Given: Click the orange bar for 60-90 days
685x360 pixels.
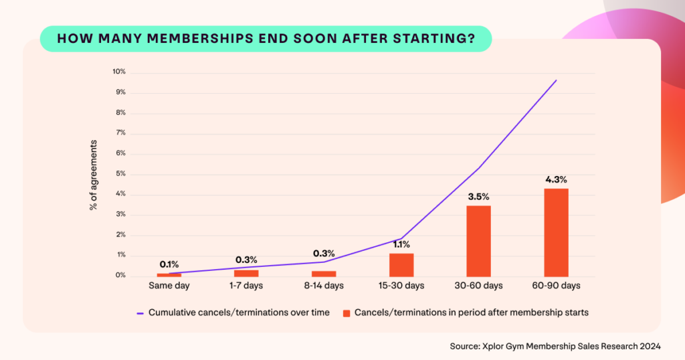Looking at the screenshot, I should (x=556, y=232).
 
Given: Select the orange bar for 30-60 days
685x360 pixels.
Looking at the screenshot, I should (x=478, y=241).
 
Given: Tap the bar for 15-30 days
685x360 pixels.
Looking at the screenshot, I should (x=401, y=265).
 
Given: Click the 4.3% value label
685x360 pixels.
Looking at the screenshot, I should (x=556, y=179).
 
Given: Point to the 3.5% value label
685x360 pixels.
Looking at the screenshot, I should (x=478, y=197).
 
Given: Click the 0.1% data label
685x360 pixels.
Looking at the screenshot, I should (x=169, y=264).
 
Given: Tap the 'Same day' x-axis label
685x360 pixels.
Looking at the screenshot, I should (x=169, y=286).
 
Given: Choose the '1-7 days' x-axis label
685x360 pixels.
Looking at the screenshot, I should (x=246, y=286).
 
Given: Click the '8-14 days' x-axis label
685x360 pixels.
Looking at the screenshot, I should (x=323, y=286).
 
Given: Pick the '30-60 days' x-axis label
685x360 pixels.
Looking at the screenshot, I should (x=478, y=286).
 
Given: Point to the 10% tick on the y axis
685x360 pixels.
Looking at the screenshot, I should (x=118, y=72).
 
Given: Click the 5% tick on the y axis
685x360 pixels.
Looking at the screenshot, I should (x=120, y=174).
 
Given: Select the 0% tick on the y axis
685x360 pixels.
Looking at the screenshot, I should (x=120, y=276).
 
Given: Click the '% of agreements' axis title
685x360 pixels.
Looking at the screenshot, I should (x=94, y=175).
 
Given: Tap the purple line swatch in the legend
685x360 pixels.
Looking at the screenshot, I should (x=140, y=312).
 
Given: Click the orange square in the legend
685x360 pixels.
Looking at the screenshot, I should (x=346, y=312).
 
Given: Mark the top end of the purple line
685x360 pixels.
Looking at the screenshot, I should (x=556, y=80).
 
